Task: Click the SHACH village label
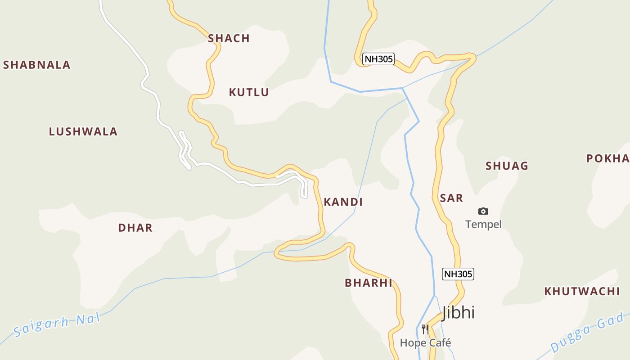pyautogui.click(x=229, y=39)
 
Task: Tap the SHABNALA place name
pyautogui.click(x=37, y=65)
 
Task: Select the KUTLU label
pyautogui.click(x=249, y=93)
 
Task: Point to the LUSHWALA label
pyautogui.click(x=83, y=132)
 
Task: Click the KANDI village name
pyautogui.click(x=343, y=202)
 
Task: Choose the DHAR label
pyautogui.click(x=135, y=228)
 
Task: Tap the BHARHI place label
pyautogui.click(x=369, y=283)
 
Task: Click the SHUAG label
pyautogui.click(x=507, y=166)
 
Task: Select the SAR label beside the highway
pyautogui.click(x=451, y=198)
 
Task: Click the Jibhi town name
pyautogui.click(x=458, y=312)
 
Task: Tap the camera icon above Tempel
pyautogui.click(x=483, y=211)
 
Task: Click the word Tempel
pyautogui.click(x=483, y=224)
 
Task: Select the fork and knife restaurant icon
pyautogui.click(x=425, y=329)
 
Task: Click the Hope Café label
pyautogui.click(x=425, y=343)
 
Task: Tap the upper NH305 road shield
pyautogui.click(x=378, y=59)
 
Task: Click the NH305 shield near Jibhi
pyautogui.click(x=458, y=274)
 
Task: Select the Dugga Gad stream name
pyautogui.click(x=589, y=333)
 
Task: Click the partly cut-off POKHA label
pyautogui.click(x=608, y=159)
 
